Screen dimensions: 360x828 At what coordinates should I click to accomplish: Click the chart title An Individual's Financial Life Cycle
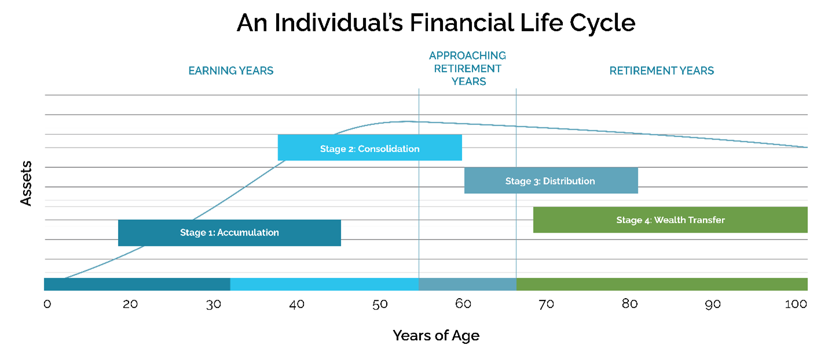pyautogui.click(x=435, y=23)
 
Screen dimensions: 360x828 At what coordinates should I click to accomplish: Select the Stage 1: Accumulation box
pyautogui.click(x=229, y=233)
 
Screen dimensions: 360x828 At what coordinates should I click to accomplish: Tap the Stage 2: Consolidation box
pyautogui.click(x=369, y=148)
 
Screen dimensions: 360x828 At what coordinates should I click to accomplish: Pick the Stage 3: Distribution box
pyautogui.click(x=550, y=181)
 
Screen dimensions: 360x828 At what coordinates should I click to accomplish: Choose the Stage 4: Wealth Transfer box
pyautogui.click(x=670, y=220)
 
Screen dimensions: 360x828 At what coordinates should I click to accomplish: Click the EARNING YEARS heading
pyautogui.click(x=230, y=71)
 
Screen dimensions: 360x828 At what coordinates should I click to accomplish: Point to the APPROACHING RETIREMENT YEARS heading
pyautogui.click(x=467, y=68)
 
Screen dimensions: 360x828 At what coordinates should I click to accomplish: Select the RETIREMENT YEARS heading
pyautogui.click(x=661, y=71)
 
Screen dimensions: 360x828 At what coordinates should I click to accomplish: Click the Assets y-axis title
pyautogui.click(x=26, y=183)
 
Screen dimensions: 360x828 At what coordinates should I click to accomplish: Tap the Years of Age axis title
pyautogui.click(x=435, y=335)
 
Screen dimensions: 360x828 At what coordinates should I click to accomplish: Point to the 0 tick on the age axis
pyautogui.click(x=47, y=304)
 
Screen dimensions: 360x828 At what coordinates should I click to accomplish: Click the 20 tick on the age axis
pyautogui.click(x=130, y=304)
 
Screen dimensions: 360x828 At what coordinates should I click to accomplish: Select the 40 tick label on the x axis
pyautogui.click(x=296, y=304)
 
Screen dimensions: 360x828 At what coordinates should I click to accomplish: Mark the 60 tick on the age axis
pyautogui.click(x=463, y=304)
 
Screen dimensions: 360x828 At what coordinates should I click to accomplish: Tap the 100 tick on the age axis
pyautogui.click(x=796, y=304)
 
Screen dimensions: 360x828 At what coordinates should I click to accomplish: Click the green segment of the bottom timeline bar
pyautogui.click(x=661, y=284)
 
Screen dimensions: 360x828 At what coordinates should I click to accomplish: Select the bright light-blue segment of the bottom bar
pyautogui.click(x=324, y=284)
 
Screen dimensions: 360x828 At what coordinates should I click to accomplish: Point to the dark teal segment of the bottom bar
pyautogui.click(x=137, y=284)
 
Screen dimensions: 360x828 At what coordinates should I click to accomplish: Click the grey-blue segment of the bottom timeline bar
pyautogui.click(x=467, y=284)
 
